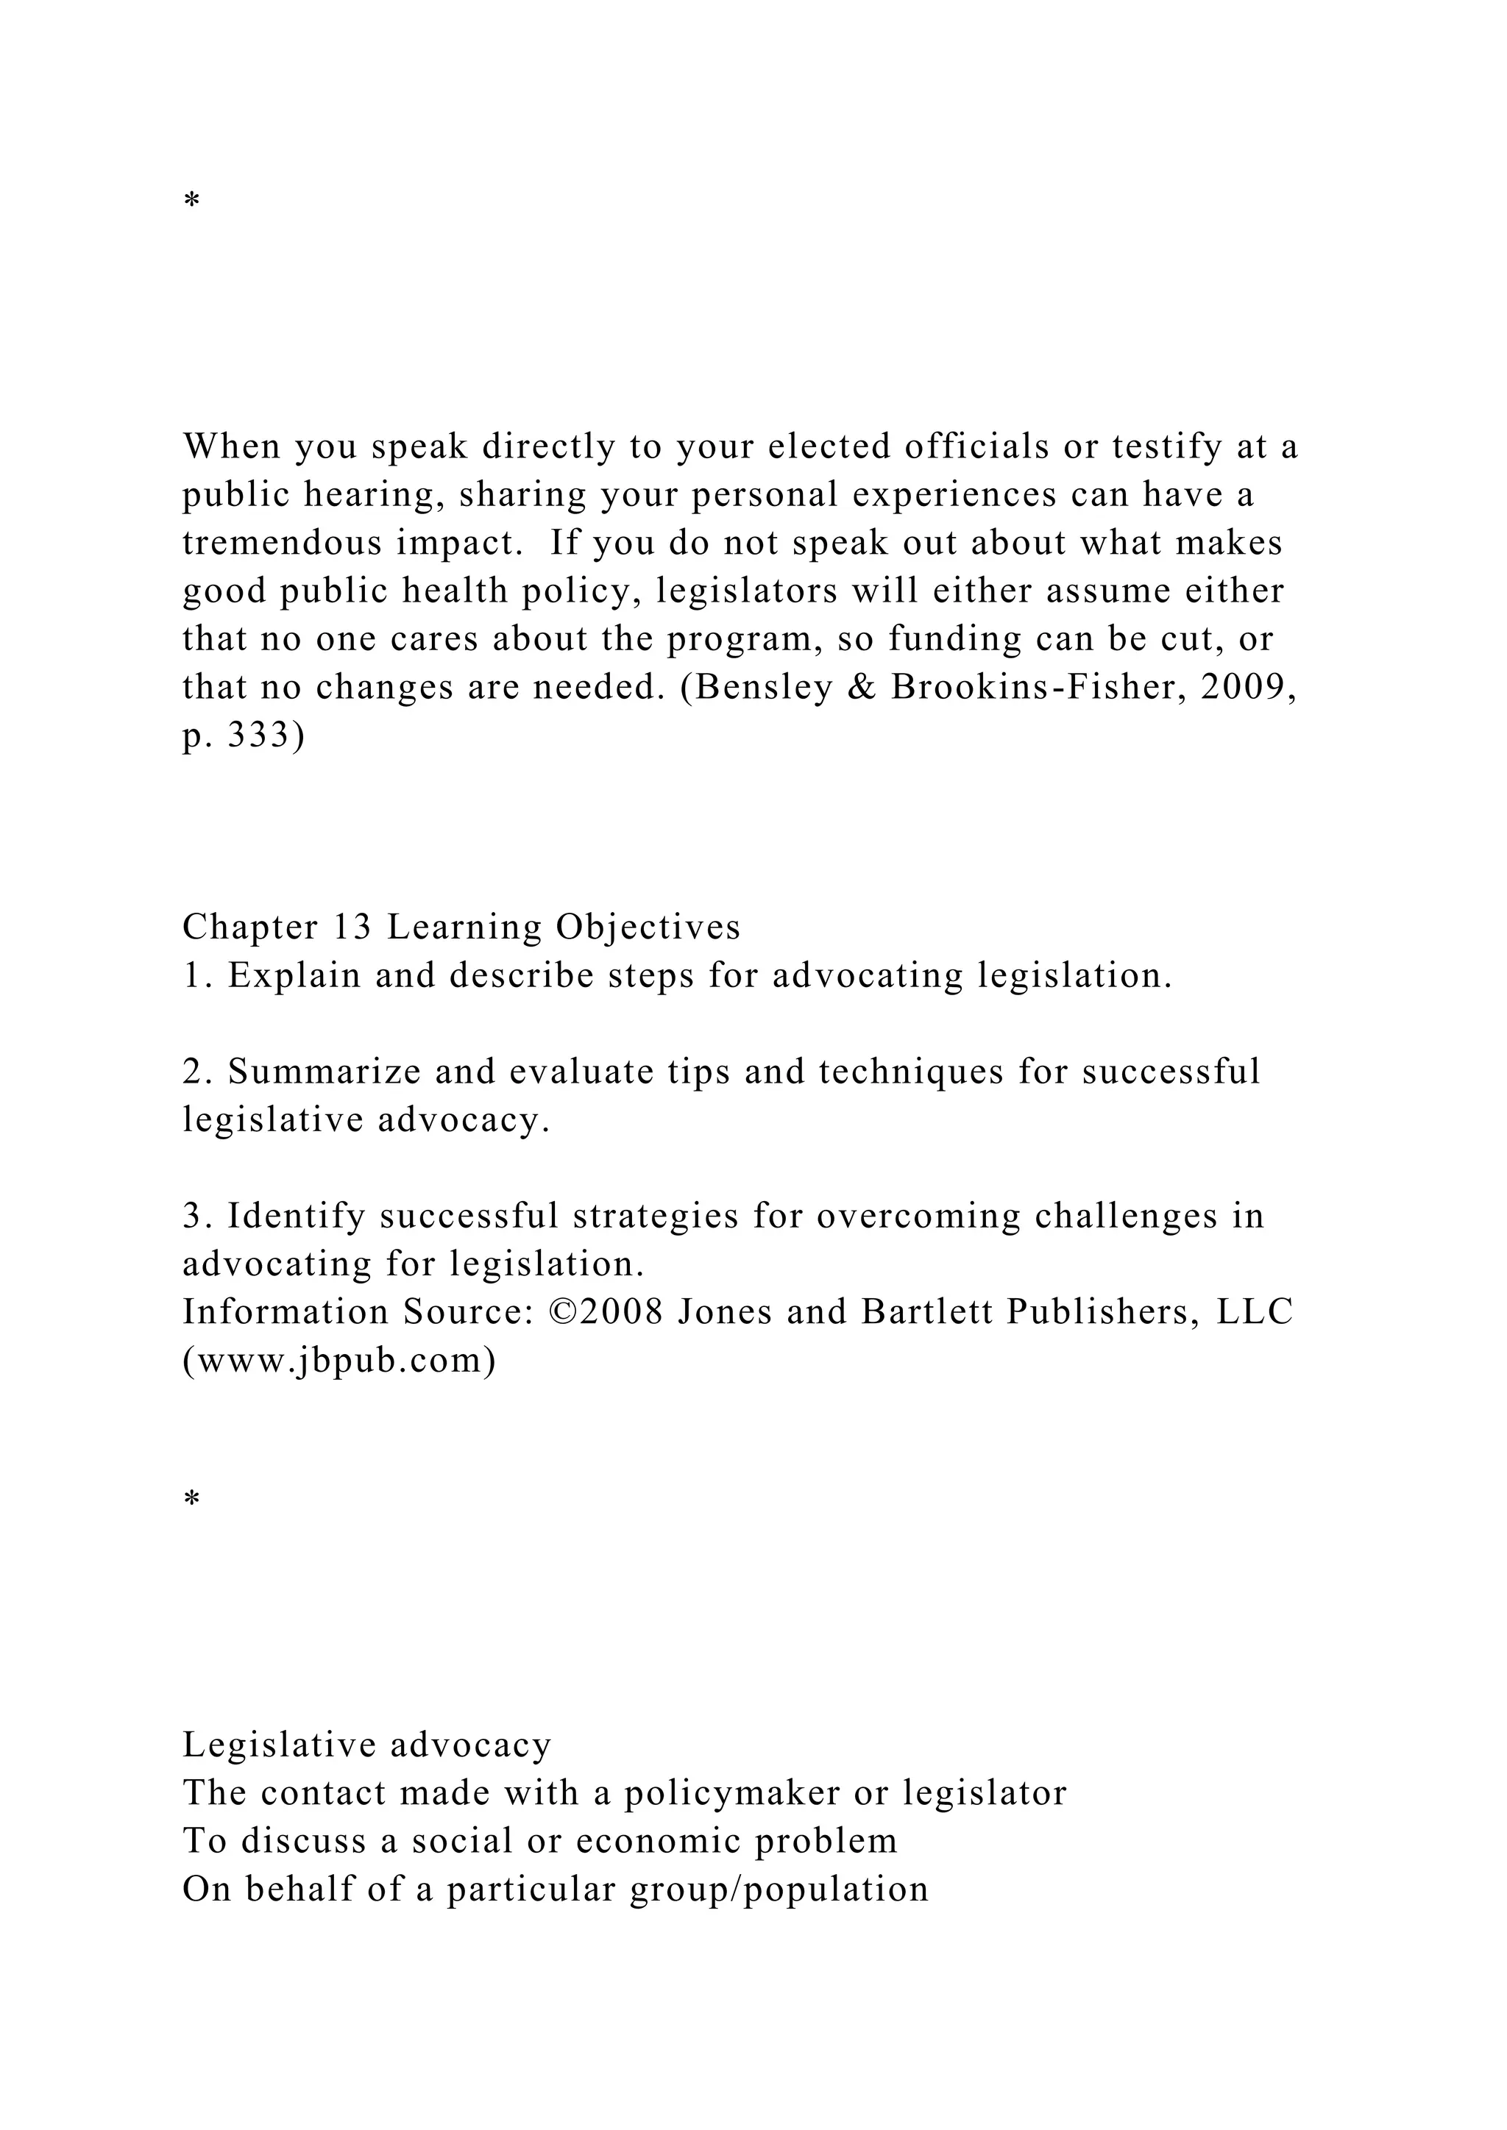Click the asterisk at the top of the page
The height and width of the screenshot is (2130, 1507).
192,200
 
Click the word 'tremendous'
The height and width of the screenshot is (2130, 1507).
281,543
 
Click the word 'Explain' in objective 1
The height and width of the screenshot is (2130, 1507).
294,975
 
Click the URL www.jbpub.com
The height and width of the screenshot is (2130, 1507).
338,1360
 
